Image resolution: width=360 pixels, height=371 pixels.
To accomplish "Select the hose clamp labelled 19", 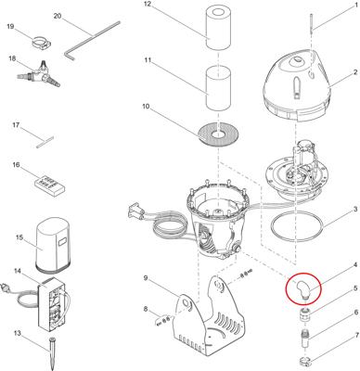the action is coord(42,42).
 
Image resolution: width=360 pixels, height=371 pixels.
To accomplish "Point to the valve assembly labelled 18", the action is coord(38,74).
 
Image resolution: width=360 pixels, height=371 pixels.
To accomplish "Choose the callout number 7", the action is coord(357,335).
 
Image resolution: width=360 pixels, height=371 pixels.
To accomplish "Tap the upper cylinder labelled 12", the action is coord(219,28).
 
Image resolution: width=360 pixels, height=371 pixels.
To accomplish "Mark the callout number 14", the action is coord(18,271).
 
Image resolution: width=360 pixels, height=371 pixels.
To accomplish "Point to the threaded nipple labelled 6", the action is coord(305,338).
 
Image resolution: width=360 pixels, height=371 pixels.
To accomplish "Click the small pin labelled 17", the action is coord(45,143).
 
